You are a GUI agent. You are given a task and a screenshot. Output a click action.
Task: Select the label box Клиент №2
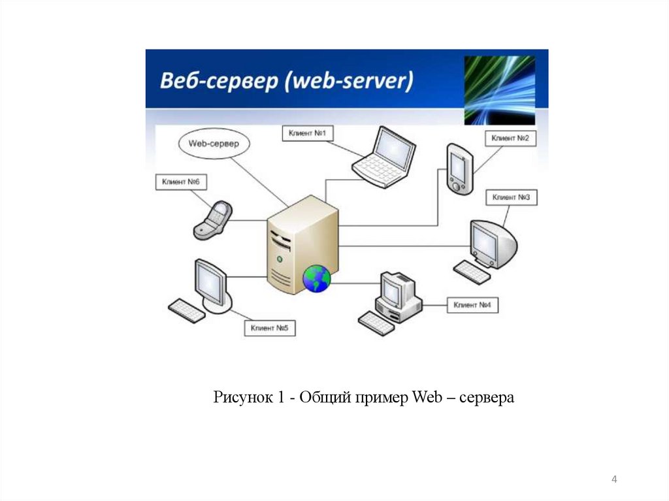point(510,138)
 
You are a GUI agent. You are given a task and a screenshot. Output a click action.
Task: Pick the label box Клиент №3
point(511,197)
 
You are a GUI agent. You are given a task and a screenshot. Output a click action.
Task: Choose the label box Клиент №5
point(269,328)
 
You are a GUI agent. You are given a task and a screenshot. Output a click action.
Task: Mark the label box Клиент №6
point(181,182)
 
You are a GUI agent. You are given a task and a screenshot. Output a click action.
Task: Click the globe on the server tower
point(317,279)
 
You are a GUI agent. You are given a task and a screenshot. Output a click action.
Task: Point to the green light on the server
point(281,259)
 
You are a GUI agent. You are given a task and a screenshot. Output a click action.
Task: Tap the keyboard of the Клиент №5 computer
point(187,310)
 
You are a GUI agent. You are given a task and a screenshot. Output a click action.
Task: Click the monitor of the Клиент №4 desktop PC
point(394,288)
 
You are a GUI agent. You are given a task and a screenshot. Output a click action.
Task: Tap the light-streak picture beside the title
point(499,89)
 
